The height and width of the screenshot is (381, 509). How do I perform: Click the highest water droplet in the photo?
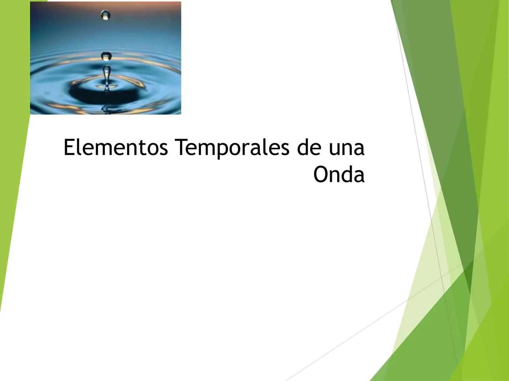(105, 15)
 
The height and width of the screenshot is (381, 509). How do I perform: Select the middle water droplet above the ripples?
(106, 56)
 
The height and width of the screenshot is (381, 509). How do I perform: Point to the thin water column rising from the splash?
(106, 76)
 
